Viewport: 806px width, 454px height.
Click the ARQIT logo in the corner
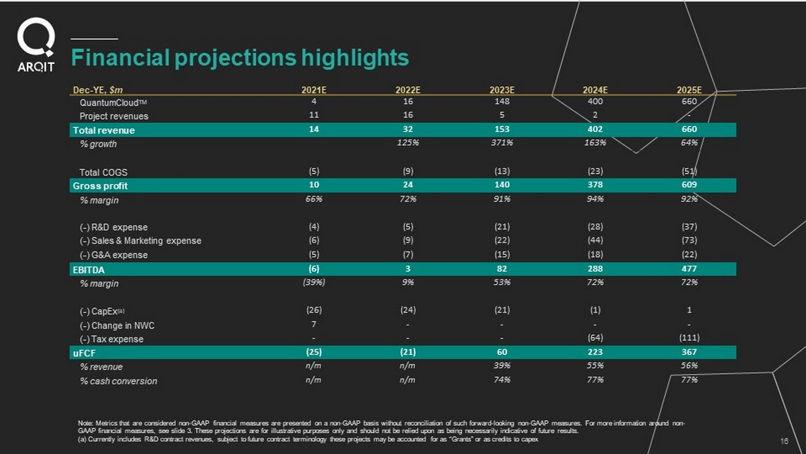click(36, 45)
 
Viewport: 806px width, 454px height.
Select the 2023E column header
click(501, 89)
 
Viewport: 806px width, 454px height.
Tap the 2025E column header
click(688, 89)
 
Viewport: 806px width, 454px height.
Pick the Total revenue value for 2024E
click(595, 130)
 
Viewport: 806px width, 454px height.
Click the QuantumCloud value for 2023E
click(501, 102)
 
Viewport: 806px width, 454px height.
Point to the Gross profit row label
click(100, 186)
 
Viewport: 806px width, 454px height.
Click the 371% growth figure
click(501, 143)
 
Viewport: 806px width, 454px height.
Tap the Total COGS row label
click(103, 172)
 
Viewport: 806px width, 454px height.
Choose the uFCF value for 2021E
click(314, 352)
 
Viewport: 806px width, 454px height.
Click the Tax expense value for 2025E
click(688, 338)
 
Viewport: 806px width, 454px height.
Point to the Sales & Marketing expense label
click(140, 241)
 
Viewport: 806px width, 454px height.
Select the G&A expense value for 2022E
click(408, 254)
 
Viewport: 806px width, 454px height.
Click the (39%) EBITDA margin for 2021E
click(314, 282)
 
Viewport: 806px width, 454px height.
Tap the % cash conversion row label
click(118, 381)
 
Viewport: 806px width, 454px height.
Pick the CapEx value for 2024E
click(595, 310)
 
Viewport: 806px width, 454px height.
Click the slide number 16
click(784, 441)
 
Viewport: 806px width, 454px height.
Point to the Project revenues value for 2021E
click(314, 116)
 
